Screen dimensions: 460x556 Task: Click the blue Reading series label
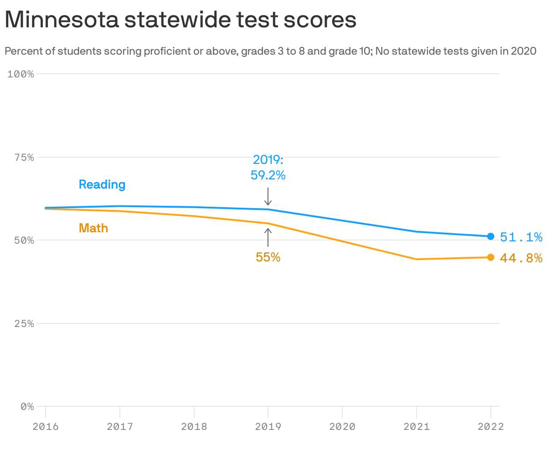[x=102, y=184]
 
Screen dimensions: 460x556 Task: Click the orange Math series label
[x=93, y=228]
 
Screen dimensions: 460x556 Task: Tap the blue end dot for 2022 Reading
[x=490, y=236]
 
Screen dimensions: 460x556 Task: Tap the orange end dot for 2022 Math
[x=490, y=257]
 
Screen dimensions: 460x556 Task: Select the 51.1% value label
[x=521, y=237]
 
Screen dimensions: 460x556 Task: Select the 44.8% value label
[x=521, y=258]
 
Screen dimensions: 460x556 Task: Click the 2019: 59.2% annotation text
[x=268, y=167]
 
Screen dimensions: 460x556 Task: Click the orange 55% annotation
[x=268, y=257]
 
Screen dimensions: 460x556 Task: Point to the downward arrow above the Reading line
[x=268, y=197]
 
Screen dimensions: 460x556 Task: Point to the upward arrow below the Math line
[x=268, y=237]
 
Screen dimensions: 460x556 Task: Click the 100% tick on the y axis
[x=21, y=74]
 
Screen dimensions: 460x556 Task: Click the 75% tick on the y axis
[x=23, y=158]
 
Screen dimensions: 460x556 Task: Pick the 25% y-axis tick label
[x=23, y=324]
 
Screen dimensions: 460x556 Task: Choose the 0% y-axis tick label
[x=27, y=407]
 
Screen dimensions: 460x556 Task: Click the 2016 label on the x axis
[x=46, y=427]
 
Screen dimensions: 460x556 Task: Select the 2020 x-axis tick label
[x=342, y=427]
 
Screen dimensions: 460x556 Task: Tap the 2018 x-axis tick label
[x=194, y=427]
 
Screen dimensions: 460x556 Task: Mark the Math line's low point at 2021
[x=417, y=259]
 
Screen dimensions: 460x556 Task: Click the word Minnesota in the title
[x=62, y=20]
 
